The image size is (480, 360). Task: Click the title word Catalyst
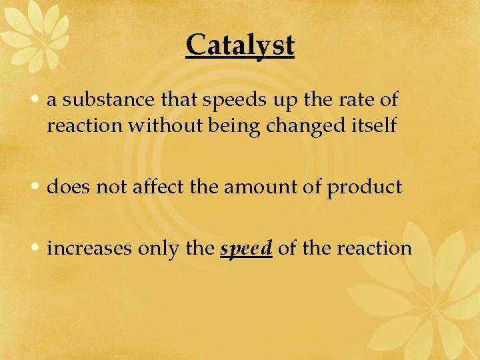pyautogui.click(x=240, y=45)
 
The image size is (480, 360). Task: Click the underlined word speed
pyautogui.click(x=246, y=248)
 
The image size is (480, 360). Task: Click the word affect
pyautogui.click(x=159, y=187)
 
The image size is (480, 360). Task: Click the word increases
pyautogui.click(x=89, y=248)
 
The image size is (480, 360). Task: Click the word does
pyautogui.click(x=69, y=187)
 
